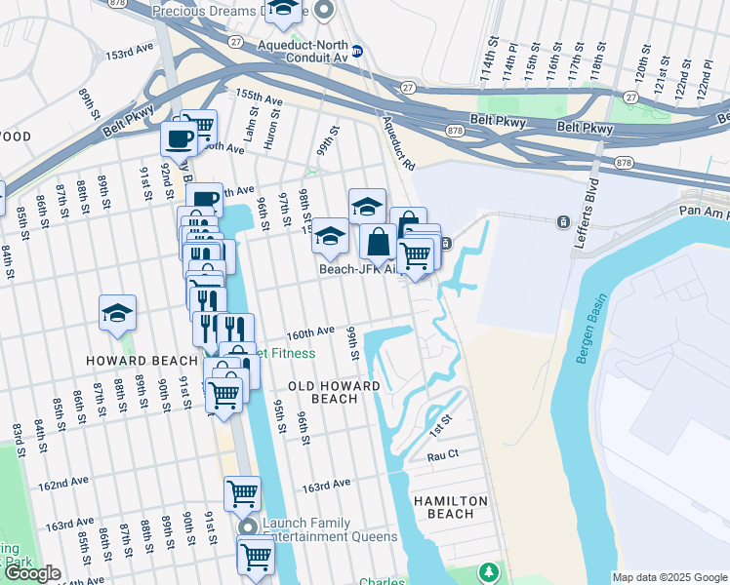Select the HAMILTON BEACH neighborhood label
(x=450, y=507)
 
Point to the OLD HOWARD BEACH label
(x=335, y=393)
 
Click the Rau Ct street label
(x=442, y=455)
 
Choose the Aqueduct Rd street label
(x=399, y=141)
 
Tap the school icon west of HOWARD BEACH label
(x=117, y=313)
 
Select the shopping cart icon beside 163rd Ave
(x=242, y=492)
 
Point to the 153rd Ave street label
(x=131, y=51)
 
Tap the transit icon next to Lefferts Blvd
(x=563, y=222)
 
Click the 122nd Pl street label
(x=704, y=76)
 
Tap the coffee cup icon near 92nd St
(x=179, y=139)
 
